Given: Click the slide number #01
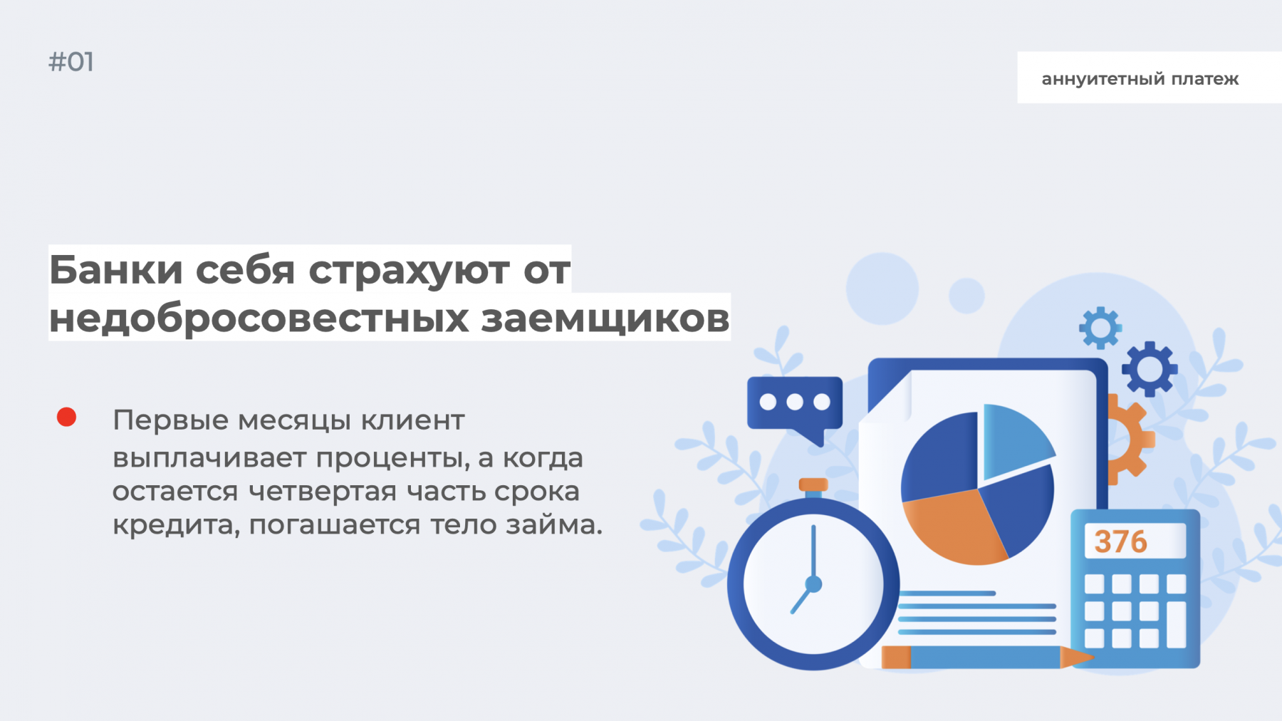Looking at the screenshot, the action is pyautogui.click(x=71, y=62).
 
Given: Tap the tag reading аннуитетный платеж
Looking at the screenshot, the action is pyautogui.click(x=1140, y=78).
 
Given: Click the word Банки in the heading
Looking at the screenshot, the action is pyautogui.click(x=116, y=270).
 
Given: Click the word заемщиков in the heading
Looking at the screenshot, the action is pyautogui.click(x=605, y=319).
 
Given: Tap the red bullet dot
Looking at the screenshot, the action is pyautogui.click(x=66, y=417).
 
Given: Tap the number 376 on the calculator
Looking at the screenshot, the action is pyautogui.click(x=1121, y=542).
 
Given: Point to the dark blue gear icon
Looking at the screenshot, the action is pyautogui.click(x=1149, y=369).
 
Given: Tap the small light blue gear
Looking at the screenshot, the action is pyautogui.click(x=1100, y=328).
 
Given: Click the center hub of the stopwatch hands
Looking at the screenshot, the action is pyautogui.click(x=813, y=585).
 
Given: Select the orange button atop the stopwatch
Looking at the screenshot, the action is pyautogui.click(x=813, y=485).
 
